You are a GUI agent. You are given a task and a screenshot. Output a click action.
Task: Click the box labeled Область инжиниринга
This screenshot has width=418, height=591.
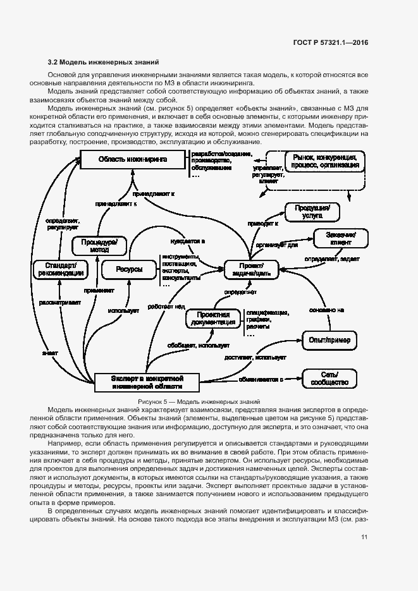pyautogui.click(x=132, y=160)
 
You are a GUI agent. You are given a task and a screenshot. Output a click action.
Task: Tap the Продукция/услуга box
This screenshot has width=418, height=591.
pyautogui.click(x=313, y=210)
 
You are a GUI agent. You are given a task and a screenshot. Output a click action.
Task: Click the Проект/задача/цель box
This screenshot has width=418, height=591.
pyautogui.click(x=252, y=269)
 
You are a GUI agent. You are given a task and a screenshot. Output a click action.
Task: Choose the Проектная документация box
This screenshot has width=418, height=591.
pyautogui.click(x=212, y=319)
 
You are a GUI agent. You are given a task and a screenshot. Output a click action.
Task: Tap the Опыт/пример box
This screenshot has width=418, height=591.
pyautogui.click(x=329, y=340)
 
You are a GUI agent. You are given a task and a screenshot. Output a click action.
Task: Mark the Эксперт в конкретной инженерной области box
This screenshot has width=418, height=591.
pyautogui.click(x=147, y=381)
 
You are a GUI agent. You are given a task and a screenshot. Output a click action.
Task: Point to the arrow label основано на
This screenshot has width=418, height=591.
pyautogui.click(x=326, y=310)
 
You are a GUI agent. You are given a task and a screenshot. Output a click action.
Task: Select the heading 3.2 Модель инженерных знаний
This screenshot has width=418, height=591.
pyautogui.click(x=102, y=62)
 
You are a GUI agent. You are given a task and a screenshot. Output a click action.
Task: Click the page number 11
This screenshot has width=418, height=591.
pyautogui.click(x=364, y=537)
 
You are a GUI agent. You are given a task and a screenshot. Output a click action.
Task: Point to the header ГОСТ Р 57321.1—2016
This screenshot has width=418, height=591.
pyautogui.click(x=331, y=43)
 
